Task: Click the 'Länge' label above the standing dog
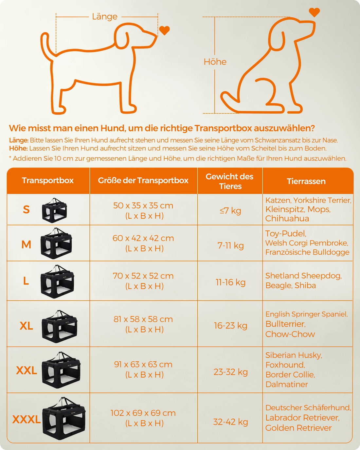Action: tap(105, 16)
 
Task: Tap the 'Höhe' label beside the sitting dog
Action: tap(215, 62)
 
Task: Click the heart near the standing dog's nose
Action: tap(164, 30)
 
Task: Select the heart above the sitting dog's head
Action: tap(314, 12)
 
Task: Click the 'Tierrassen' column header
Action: tap(306, 181)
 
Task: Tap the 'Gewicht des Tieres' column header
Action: tap(229, 181)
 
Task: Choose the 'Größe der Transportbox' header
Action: tap(143, 180)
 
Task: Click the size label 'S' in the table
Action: tap(27, 209)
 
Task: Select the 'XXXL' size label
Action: tap(27, 419)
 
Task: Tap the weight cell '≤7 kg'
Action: tap(230, 210)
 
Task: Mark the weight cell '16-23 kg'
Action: tap(230, 326)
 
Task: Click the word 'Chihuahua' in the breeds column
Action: tap(287, 219)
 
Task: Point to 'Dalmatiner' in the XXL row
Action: tap(287, 384)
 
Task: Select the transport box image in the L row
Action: tap(57, 281)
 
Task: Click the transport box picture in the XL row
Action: tap(60, 326)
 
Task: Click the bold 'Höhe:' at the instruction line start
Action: tap(18, 149)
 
